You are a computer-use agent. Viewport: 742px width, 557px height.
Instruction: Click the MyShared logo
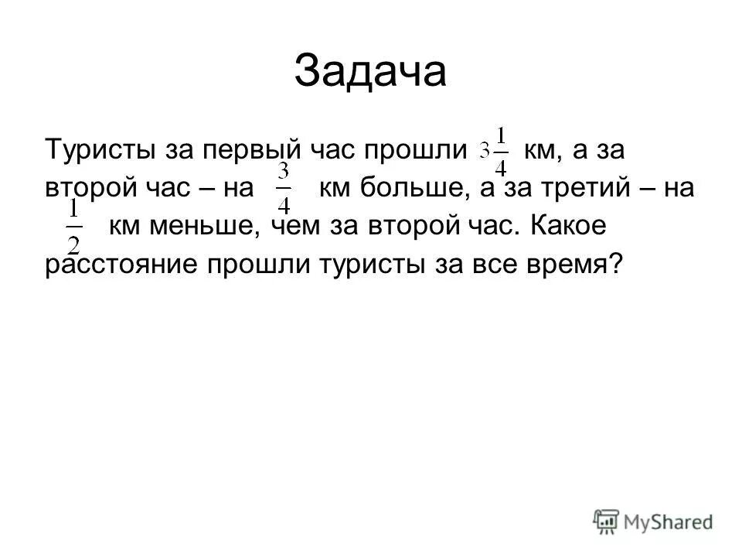(652, 521)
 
